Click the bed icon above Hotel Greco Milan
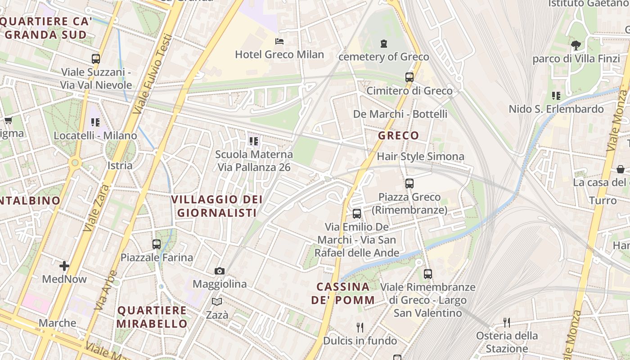(x=279, y=41)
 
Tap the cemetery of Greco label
(x=383, y=57)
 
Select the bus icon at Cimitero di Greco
(x=409, y=77)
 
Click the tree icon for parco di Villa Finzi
(x=576, y=45)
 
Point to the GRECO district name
(x=398, y=135)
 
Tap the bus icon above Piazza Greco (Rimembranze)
(x=409, y=184)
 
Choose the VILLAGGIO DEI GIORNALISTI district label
(x=217, y=206)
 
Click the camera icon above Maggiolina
(x=220, y=271)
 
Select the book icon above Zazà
(x=217, y=301)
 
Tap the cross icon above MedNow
(x=64, y=266)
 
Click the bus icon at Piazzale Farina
(x=157, y=244)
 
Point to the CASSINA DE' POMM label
(x=342, y=293)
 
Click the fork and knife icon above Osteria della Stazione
(x=507, y=322)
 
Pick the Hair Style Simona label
(x=420, y=157)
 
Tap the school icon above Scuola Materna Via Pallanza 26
(x=254, y=141)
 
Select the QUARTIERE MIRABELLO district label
(x=152, y=317)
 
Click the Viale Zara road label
(x=97, y=207)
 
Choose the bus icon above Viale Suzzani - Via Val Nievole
(x=96, y=59)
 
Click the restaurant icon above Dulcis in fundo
(x=360, y=327)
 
